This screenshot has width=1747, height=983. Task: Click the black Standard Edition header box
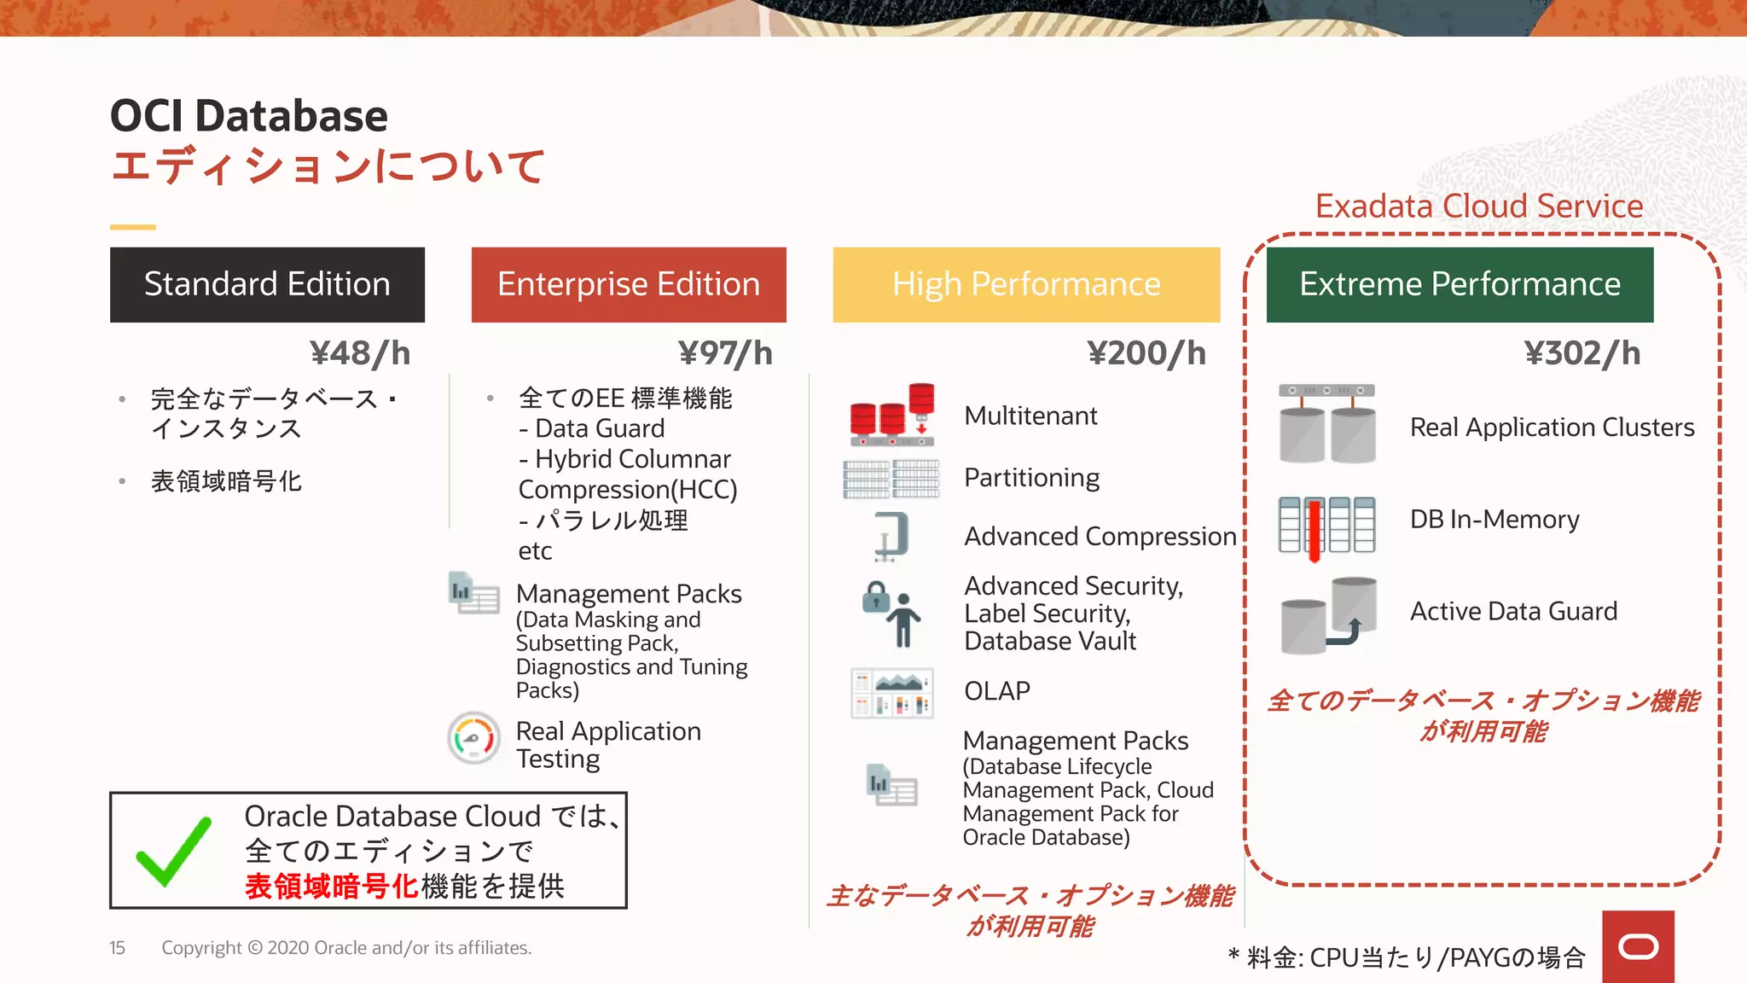267,284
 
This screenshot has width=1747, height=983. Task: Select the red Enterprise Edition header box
629,284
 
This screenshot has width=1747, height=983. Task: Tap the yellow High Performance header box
1026,284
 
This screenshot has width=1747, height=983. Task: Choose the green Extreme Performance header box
1460,284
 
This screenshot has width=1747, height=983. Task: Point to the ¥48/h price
360,353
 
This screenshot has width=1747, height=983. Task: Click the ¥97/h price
725,353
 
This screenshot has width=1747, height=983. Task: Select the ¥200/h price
1146,353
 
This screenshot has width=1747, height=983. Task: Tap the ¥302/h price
1582,353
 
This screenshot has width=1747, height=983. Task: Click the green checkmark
174,851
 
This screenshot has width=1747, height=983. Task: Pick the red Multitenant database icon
892,416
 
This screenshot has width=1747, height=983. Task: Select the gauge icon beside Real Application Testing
474,738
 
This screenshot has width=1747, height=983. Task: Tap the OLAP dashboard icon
892,693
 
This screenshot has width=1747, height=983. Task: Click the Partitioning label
1031,478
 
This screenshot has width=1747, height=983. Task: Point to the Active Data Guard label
1513,611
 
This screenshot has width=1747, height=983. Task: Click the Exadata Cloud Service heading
1479,206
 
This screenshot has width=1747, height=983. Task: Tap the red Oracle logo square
1638,946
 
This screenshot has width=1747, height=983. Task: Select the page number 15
117,948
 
